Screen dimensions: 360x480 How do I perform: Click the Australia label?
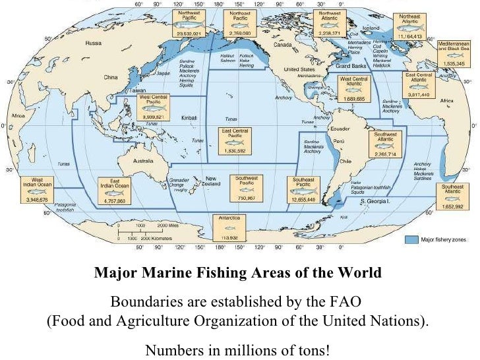[144, 160]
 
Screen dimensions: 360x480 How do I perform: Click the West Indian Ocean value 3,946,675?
[38, 198]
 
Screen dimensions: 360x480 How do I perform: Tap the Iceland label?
[371, 29]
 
